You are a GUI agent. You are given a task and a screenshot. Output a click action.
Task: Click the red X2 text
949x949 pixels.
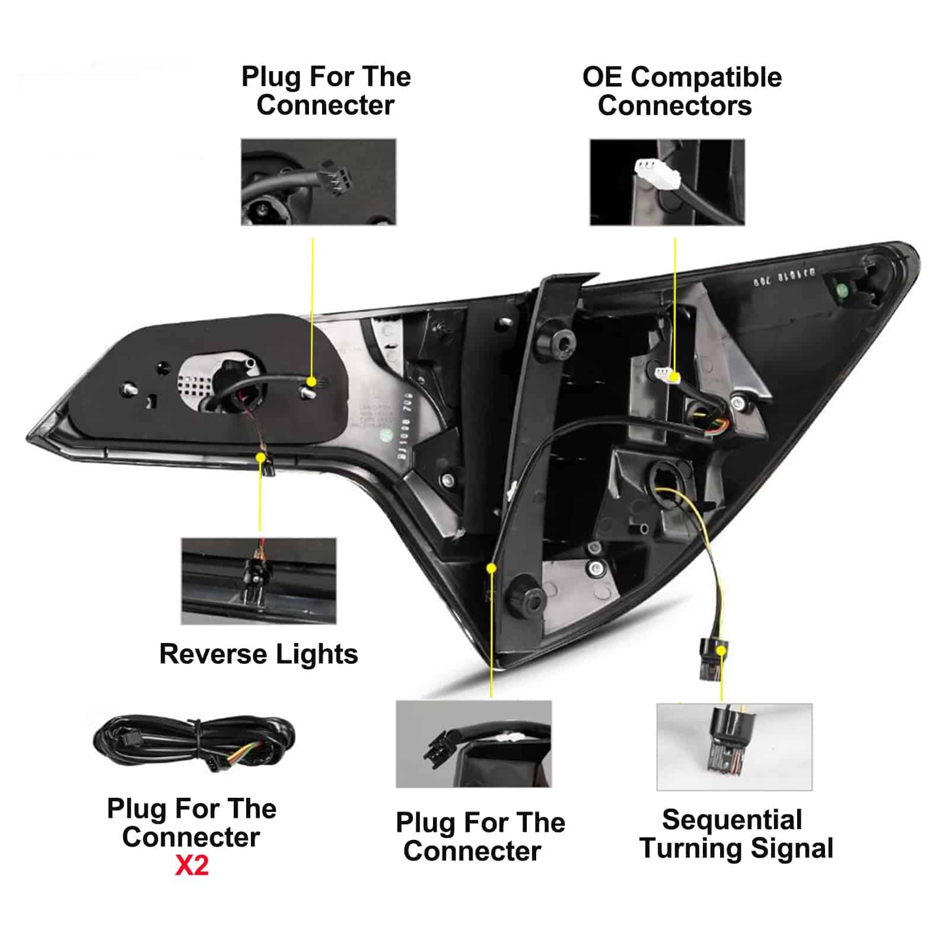[x=192, y=866]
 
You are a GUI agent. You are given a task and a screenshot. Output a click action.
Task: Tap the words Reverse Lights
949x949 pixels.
[x=259, y=654]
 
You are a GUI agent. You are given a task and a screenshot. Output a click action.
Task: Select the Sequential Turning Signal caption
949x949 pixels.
[x=735, y=834]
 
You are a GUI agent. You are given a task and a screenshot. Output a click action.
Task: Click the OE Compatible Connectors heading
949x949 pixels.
[x=682, y=91]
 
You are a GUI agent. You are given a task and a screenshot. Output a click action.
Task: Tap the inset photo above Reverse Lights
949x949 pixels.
[x=259, y=581]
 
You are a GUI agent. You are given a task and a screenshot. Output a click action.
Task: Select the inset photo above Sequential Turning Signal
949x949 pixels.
[x=734, y=747]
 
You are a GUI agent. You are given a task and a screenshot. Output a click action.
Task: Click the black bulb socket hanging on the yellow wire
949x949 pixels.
[x=711, y=659]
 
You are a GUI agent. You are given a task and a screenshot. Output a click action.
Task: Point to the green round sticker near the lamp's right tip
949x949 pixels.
[x=841, y=291]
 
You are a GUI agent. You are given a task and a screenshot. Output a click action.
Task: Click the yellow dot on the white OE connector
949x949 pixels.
[x=674, y=376]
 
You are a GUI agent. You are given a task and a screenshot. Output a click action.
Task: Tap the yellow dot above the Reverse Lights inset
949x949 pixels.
[x=260, y=457]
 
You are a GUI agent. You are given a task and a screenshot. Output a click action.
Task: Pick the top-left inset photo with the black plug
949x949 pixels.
[x=319, y=182]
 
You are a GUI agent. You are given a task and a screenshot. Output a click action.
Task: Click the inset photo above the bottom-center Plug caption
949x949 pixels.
[x=473, y=744]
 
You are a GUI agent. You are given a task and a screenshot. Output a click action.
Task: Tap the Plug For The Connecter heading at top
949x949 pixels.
[x=326, y=91]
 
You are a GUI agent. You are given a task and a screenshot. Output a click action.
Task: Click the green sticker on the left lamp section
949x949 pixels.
[x=386, y=434]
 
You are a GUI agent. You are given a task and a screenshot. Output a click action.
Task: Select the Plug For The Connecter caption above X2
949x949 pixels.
[x=192, y=823]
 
